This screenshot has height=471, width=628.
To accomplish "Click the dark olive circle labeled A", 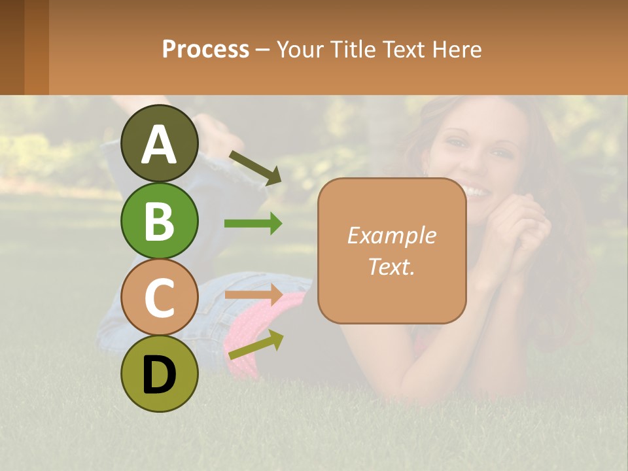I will click(x=159, y=143).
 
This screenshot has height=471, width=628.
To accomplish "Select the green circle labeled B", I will click(x=159, y=220).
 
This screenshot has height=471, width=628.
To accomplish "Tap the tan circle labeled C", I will click(x=159, y=297).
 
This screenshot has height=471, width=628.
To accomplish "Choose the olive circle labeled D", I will click(x=159, y=374).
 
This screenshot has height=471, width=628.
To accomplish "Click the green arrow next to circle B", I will click(x=253, y=224).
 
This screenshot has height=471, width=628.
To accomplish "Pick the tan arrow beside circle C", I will click(x=253, y=294).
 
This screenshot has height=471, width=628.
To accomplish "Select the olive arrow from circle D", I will click(x=256, y=345).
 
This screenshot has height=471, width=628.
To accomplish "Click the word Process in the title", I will click(x=205, y=49).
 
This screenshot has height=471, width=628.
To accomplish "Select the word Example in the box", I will click(x=391, y=235).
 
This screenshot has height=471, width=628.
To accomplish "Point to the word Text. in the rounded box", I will click(x=391, y=266).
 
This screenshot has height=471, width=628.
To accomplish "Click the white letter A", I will click(x=159, y=144).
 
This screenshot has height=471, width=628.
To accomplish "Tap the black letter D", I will click(x=159, y=374).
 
